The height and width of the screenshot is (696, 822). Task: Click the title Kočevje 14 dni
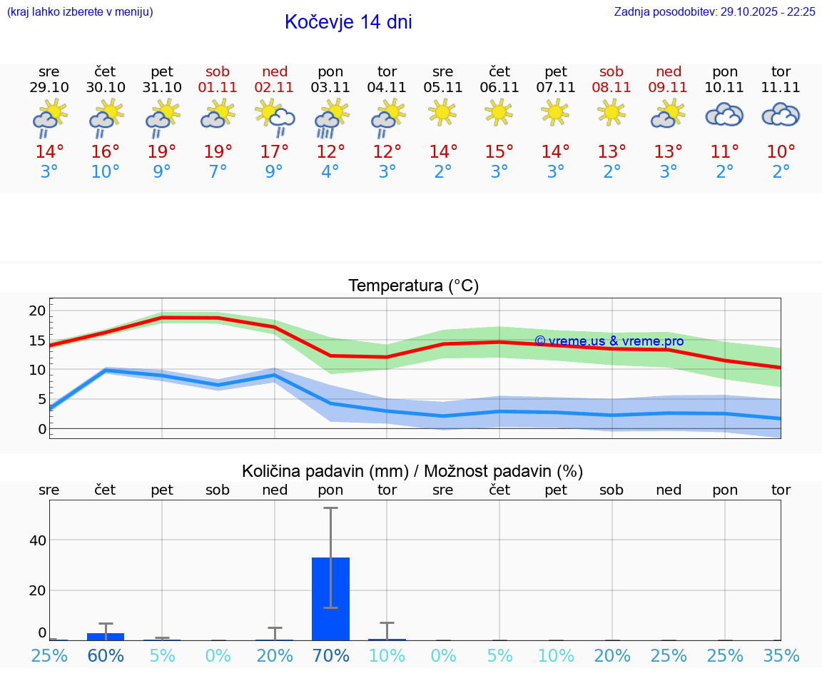coord(348,22)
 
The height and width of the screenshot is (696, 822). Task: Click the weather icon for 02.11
coord(275,116)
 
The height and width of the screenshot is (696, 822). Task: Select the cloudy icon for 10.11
coord(724,115)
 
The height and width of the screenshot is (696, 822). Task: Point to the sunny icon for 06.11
coord(499,112)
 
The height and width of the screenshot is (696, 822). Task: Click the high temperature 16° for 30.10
coord(106,152)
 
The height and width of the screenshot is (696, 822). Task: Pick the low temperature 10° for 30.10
coord(106,172)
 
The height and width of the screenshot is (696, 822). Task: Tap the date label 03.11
coord(330,88)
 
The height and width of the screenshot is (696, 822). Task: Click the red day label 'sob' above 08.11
coord(612,71)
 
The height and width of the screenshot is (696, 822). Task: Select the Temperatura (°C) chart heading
coord(413,286)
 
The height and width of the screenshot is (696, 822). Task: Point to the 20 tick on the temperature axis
coord(37,311)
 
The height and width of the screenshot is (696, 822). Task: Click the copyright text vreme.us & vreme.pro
coord(609,341)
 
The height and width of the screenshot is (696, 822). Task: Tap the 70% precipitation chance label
coord(330,655)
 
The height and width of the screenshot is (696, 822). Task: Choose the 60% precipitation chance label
coord(106,655)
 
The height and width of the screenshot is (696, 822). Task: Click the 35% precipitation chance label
coord(781,655)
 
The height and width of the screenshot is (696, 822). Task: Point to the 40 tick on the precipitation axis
coord(37,540)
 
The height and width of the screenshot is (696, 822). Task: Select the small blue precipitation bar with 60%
coord(106,636)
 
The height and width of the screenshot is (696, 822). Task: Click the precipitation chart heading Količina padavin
coord(412,471)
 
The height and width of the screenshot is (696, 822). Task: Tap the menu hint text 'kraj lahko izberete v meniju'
coord(79,12)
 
